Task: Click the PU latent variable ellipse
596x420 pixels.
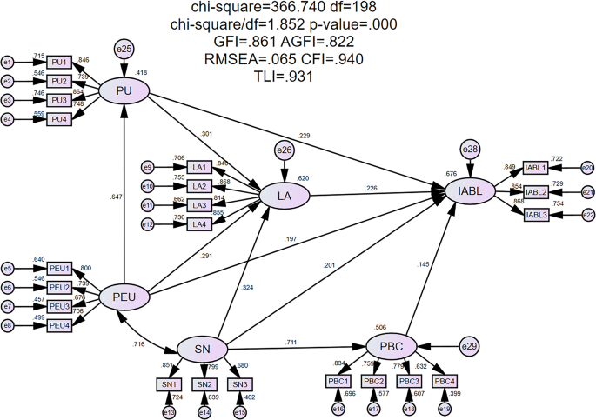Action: pyautogui.click(x=124, y=90)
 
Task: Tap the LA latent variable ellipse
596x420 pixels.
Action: pyautogui.click(x=285, y=197)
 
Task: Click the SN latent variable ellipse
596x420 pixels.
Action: pyautogui.click(x=203, y=349)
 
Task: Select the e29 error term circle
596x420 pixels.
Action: pyautogui.click(x=471, y=346)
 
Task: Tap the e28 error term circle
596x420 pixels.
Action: pyautogui.click(x=471, y=150)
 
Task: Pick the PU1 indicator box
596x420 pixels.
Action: pyautogui.click(x=59, y=63)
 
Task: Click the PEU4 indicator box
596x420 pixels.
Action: pyautogui.click(x=59, y=325)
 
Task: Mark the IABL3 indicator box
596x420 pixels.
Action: pyautogui.click(x=536, y=214)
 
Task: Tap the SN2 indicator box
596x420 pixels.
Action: pyautogui.click(x=204, y=384)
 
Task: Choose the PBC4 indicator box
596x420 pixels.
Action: pyautogui.click(x=444, y=381)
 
